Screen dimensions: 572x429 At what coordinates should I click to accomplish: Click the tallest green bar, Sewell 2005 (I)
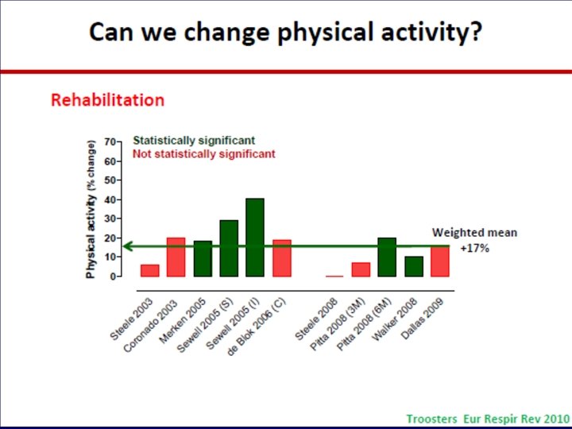point(255,238)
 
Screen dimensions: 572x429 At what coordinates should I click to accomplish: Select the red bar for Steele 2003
point(150,270)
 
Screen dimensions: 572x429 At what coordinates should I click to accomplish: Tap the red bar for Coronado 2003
point(176,257)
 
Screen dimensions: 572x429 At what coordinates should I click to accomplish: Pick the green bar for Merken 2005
point(203,259)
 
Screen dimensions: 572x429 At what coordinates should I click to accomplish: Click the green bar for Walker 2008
point(414,266)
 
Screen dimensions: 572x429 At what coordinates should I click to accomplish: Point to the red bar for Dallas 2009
point(440,261)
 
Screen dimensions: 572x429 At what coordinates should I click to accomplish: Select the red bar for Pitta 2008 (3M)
point(361,269)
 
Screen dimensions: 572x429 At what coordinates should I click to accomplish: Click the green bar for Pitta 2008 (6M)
point(387,257)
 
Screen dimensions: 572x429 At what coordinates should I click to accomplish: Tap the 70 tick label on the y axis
point(110,141)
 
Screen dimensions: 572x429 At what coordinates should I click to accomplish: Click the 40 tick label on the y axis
point(110,199)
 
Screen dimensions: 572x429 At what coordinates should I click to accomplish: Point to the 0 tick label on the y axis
point(112,276)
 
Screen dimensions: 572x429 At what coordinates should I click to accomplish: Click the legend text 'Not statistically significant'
point(204,153)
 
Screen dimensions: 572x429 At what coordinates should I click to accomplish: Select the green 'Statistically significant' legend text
point(194,141)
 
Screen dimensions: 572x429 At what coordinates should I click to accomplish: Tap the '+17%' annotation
point(474,249)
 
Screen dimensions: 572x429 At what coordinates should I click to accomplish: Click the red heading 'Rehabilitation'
point(107,100)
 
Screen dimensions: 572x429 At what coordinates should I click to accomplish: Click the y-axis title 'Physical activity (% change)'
point(91,209)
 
